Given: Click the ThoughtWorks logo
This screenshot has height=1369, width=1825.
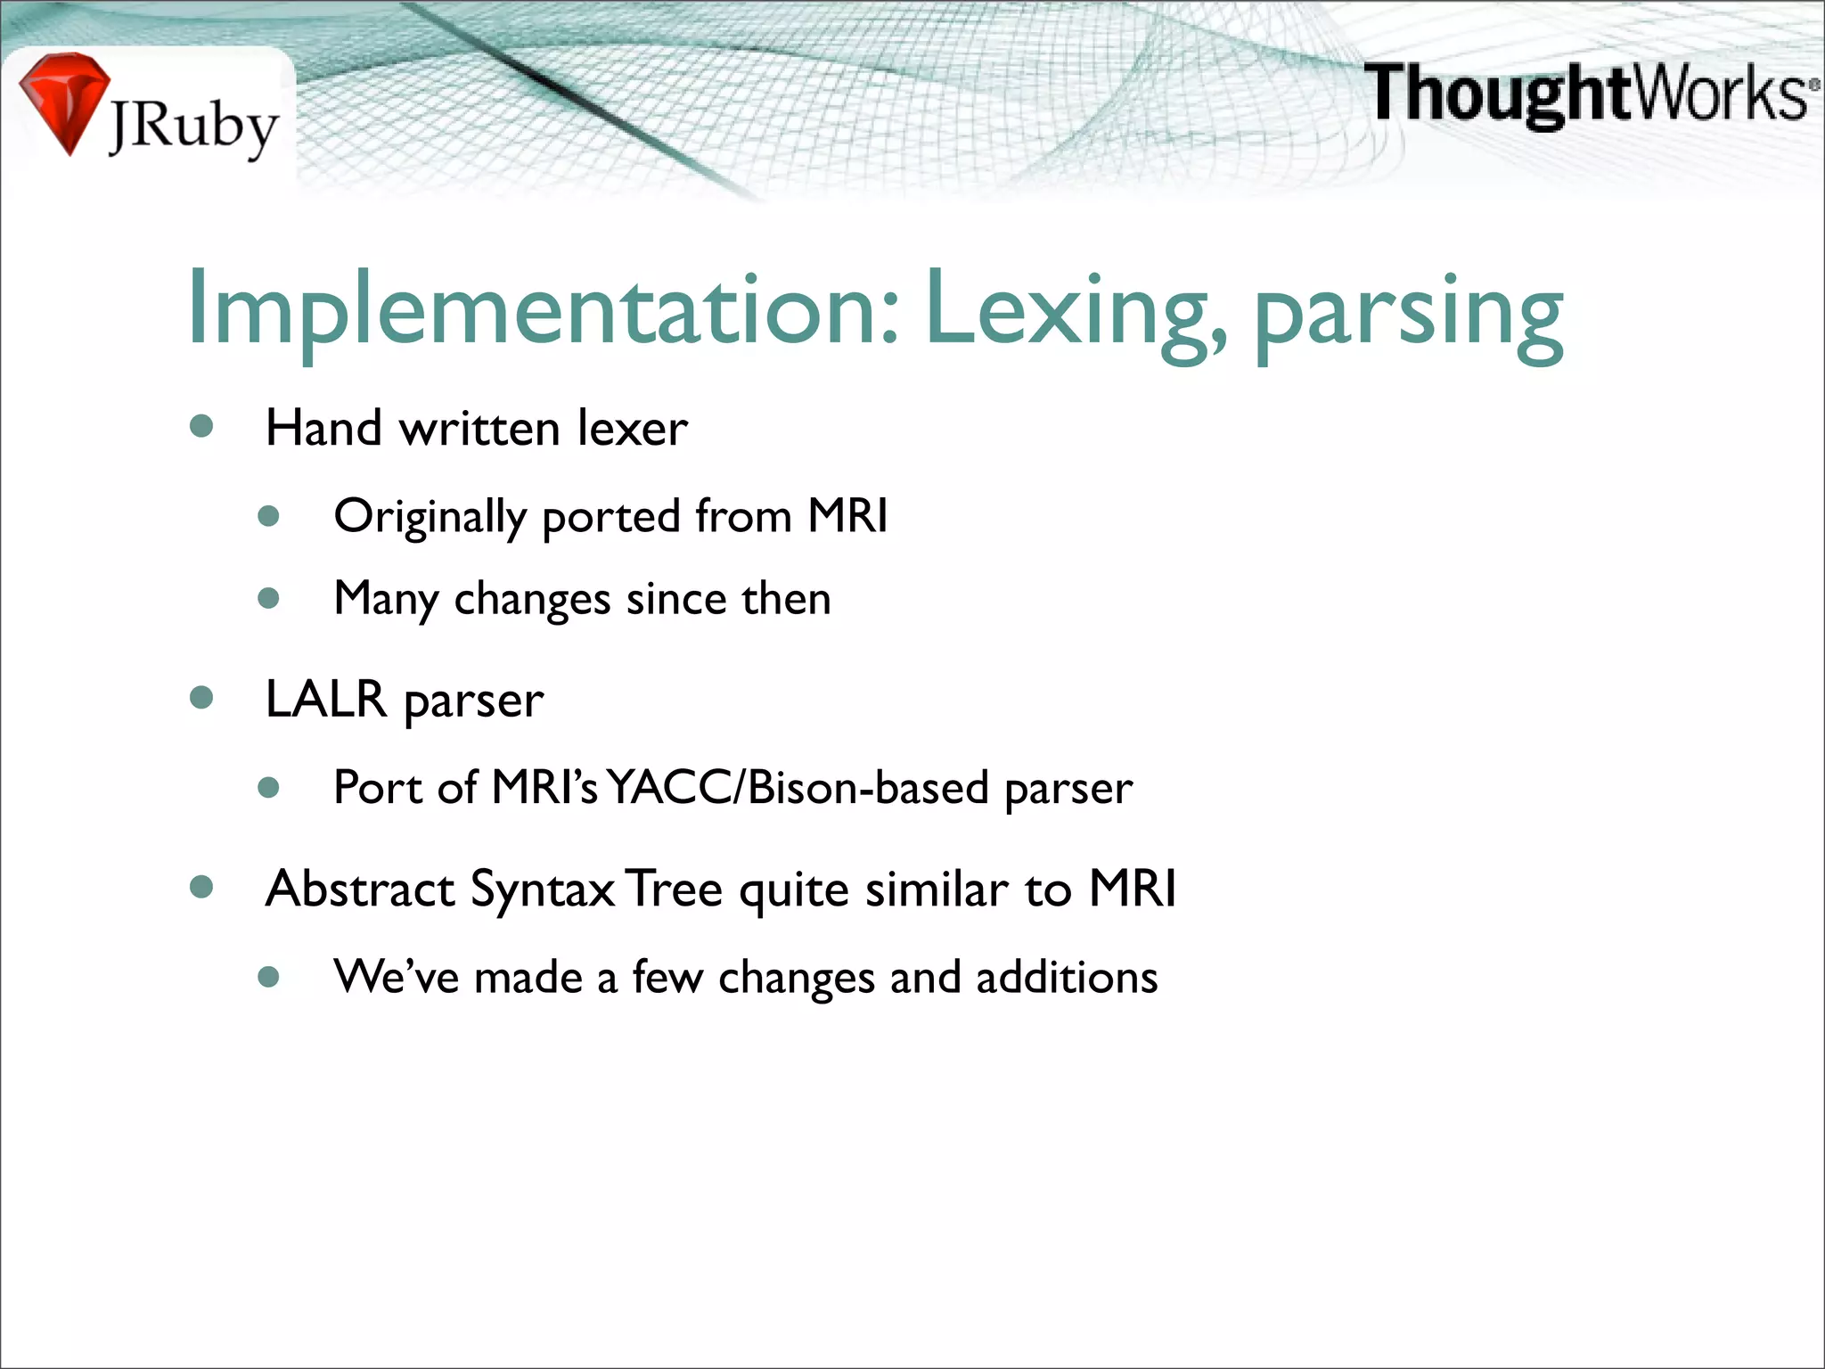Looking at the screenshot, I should click(1590, 94).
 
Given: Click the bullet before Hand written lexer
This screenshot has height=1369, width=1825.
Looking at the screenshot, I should click(201, 426).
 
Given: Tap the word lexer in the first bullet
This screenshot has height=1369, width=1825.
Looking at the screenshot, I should click(633, 429).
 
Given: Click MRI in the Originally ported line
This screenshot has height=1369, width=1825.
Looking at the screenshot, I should click(847, 515).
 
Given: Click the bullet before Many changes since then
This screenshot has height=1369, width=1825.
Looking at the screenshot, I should click(268, 598).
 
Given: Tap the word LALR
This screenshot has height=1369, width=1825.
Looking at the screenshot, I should click(326, 698).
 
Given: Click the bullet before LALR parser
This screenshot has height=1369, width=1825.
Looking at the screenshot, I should click(201, 697).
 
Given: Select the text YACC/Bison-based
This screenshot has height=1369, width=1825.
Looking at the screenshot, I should click(798, 788).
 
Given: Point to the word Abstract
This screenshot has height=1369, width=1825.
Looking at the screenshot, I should click(361, 889).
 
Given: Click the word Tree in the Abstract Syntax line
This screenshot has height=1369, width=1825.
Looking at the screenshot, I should click(674, 889).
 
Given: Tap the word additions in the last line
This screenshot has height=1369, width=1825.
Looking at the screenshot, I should click(1067, 977).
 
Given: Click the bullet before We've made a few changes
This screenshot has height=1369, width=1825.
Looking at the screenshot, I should click(268, 977).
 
